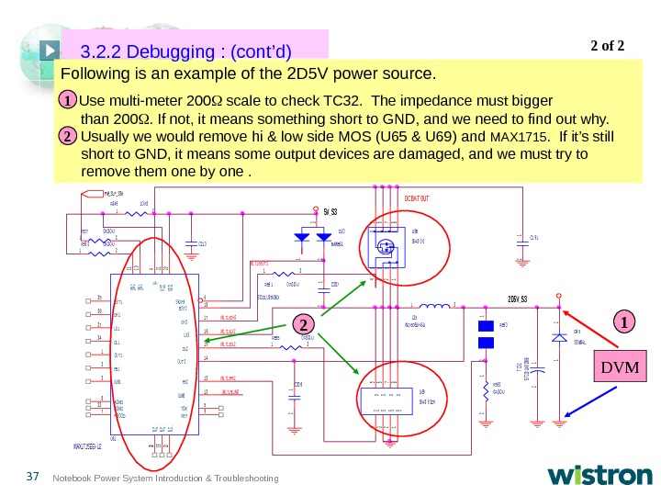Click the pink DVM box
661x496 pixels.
[622, 368]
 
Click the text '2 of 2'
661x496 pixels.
[605, 42]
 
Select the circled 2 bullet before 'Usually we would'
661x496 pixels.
[68, 136]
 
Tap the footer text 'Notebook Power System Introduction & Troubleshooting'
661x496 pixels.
[165, 478]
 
